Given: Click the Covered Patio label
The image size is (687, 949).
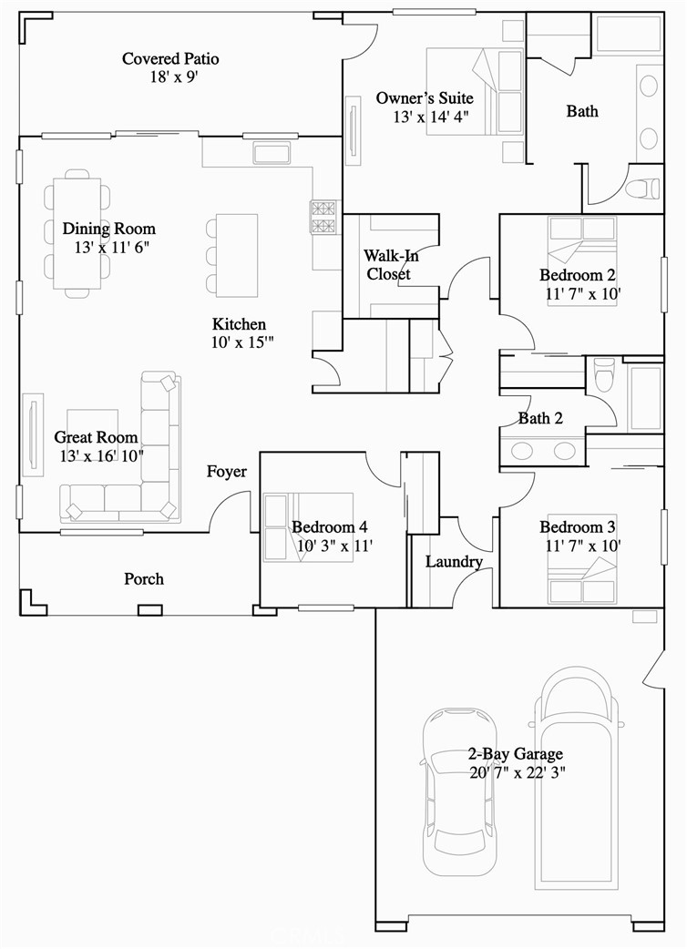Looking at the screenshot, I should (170, 59).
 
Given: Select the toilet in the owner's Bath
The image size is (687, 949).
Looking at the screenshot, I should (643, 189).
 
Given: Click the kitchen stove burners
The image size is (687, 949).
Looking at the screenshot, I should (323, 217).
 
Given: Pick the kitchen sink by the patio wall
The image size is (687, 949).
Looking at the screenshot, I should (272, 153).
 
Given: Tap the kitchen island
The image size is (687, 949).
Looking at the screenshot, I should (237, 255).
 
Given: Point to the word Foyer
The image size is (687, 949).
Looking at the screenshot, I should (227, 472).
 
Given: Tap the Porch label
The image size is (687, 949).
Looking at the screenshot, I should (144, 579).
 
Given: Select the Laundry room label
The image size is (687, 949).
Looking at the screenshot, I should (454, 562).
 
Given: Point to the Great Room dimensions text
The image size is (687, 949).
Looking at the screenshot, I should (101, 455).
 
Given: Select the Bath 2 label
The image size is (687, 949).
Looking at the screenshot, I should (540, 419).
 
